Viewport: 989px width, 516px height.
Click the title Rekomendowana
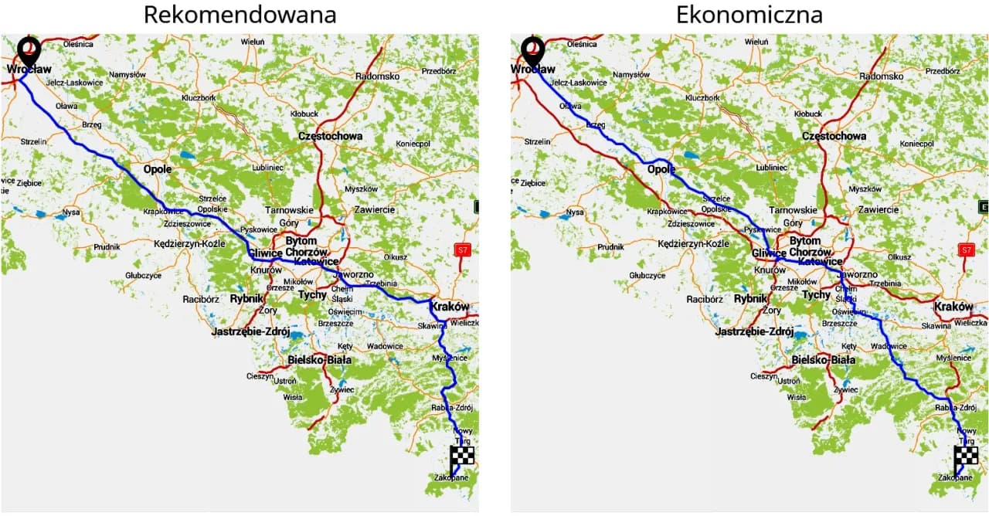click(239, 15)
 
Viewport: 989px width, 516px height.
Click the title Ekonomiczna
click(749, 15)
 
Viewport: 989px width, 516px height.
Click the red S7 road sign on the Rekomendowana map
click(462, 250)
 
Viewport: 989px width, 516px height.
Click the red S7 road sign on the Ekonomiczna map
click(965, 250)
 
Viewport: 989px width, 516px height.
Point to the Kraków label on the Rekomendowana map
click(450, 307)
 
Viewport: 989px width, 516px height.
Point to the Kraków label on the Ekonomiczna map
click(953, 307)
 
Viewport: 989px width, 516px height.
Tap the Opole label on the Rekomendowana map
click(158, 169)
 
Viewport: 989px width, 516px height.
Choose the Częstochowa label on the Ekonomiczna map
click(834, 136)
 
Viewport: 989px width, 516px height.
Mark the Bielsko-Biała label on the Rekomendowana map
click(319, 360)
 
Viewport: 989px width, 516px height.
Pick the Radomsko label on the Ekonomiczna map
click(881, 76)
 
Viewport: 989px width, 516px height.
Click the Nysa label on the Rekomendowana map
click(71, 212)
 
